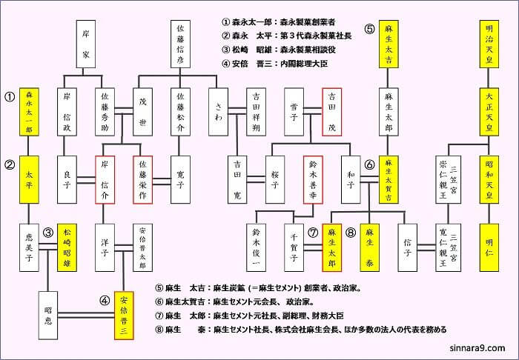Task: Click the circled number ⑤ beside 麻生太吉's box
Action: [x=368, y=30]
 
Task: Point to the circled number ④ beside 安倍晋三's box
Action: [x=103, y=300]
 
